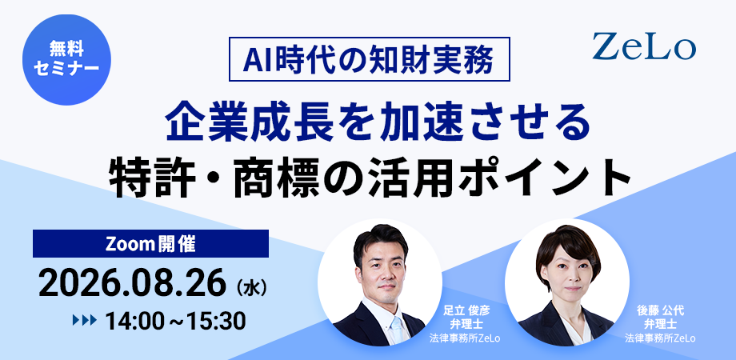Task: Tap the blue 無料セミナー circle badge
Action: tap(66, 61)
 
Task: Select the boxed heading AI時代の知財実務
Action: tap(370, 59)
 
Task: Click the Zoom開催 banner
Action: tap(150, 243)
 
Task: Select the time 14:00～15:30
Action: tap(175, 321)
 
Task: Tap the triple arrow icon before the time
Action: tap(85, 321)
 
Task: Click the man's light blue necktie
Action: tap(397, 330)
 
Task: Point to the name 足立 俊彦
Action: tap(464, 310)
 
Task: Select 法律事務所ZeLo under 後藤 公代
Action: tap(660, 338)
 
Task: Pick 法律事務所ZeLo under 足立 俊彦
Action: tap(464, 338)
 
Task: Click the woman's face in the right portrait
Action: tap(568, 273)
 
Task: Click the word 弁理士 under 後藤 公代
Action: tap(660, 324)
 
